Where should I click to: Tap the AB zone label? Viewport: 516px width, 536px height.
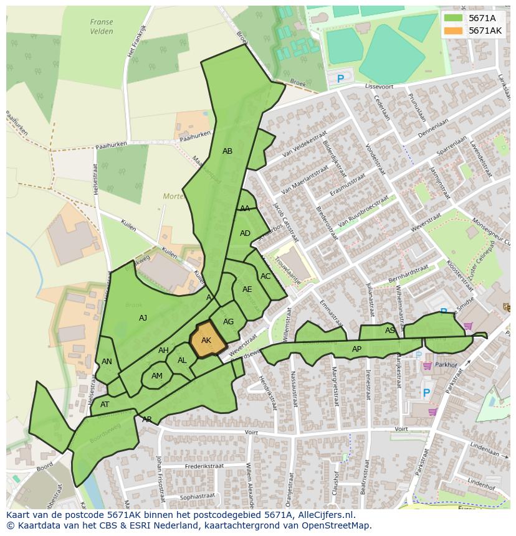coord(227,151)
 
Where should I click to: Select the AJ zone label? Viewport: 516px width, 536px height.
coord(143,318)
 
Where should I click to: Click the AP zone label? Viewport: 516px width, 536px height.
coord(356,349)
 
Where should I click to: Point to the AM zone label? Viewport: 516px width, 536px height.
coord(157,376)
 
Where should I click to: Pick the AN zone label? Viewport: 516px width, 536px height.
coord(107,362)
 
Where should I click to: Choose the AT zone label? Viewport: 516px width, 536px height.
coord(105,405)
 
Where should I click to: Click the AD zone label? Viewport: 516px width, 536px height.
coord(245,233)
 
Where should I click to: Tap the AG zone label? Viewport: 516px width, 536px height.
coord(228,322)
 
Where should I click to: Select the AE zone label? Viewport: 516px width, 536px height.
coord(247,289)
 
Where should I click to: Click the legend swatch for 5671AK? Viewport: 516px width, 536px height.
coord(453,31)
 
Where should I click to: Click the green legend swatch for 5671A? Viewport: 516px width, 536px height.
coord(453,18)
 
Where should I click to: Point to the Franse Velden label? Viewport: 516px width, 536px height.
coord(101,27)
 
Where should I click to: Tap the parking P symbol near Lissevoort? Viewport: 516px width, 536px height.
coord(340,79)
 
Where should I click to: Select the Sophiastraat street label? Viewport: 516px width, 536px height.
coord(197,496)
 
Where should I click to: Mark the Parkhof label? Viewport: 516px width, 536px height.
coord(446,365)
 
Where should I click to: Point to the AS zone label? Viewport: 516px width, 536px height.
coord(389,331)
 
